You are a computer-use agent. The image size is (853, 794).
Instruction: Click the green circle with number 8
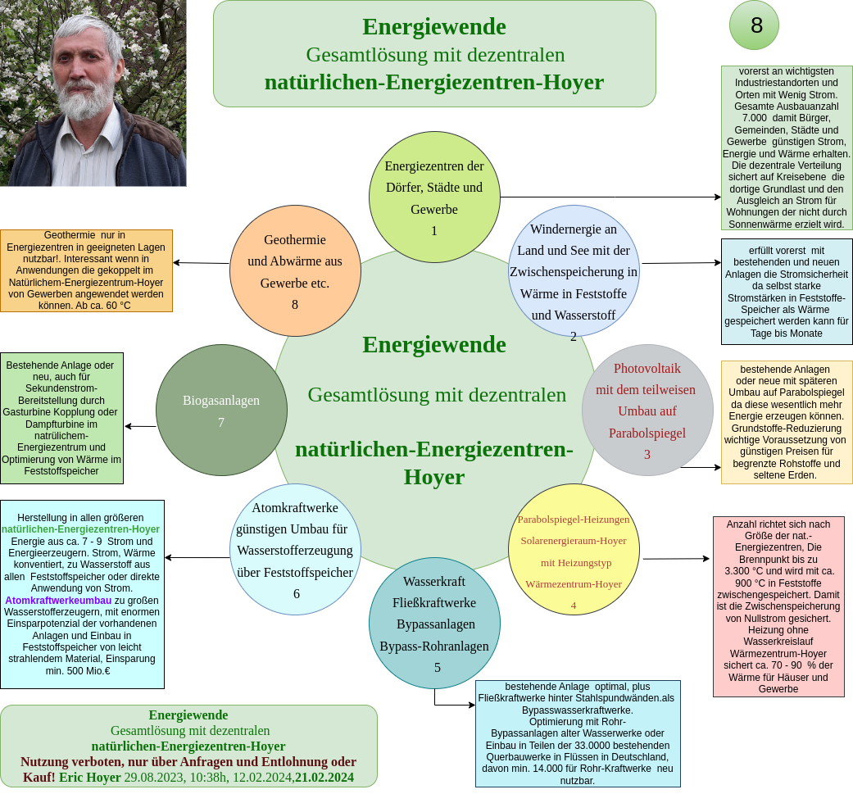(x=754, y=25)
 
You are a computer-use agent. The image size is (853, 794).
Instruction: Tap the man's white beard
(x=84, y=98)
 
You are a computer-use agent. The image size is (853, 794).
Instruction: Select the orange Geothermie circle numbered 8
(x=295, y=270)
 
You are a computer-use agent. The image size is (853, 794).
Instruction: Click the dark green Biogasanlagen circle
(x=221, y=410)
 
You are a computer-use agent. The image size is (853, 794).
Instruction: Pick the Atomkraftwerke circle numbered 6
(x=295, y=549)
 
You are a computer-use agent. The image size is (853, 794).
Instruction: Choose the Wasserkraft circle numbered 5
(x=434, y=624)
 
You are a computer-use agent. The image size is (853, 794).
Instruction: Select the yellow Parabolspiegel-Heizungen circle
(x=574, y=549)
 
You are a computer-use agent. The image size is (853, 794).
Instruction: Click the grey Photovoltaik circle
(x=647, y=410)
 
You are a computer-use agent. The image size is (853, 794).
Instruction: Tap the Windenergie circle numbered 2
(x=574, y=270)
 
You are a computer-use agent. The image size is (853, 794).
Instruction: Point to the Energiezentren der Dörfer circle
(x=434, y=197)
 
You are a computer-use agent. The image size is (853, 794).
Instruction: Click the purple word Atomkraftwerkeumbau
(x=58, y=601)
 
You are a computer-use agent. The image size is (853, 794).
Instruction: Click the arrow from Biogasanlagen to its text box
(x=140, y=426)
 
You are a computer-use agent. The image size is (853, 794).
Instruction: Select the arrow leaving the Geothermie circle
(x=202, y=263)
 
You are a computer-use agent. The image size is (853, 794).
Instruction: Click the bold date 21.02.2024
(x=324, y=778)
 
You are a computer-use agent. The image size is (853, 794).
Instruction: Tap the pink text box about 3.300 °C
(x=778, y=606)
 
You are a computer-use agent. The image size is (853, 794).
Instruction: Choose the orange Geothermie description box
(x=87, y=271)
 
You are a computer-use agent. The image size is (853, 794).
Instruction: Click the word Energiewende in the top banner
(x=434, y=27)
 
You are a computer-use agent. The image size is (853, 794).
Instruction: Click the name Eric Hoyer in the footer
(x=90, y=778)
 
